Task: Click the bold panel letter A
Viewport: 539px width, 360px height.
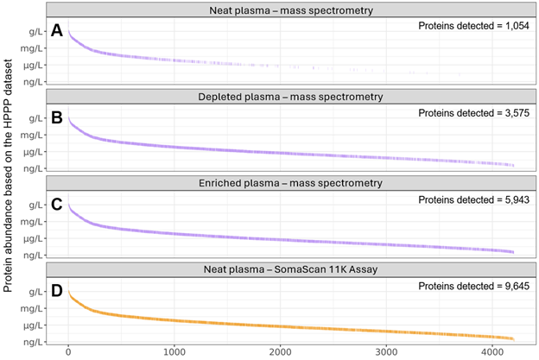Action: point(57,31)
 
